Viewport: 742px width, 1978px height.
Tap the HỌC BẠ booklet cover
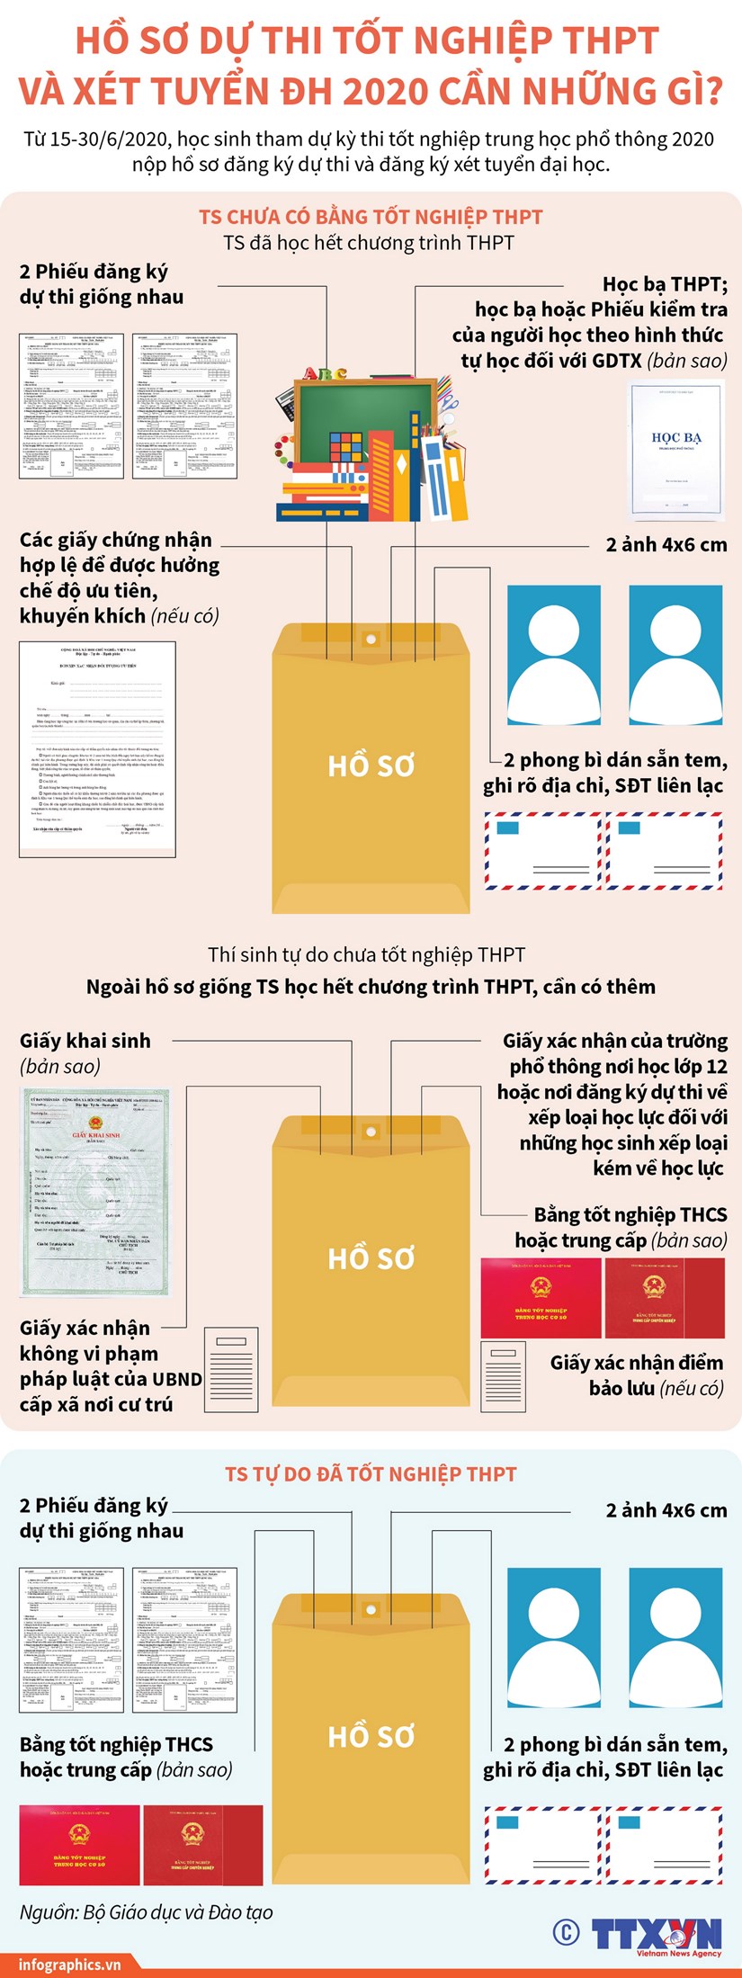coord(676,451)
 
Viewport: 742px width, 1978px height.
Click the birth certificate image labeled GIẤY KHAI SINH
coord(94,1192)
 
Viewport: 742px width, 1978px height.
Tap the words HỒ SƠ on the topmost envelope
coord(371,765)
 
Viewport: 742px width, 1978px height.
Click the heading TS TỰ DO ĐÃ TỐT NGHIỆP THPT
coord(371,1473)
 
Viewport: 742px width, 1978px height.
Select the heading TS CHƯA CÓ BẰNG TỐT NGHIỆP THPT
coord(371,217)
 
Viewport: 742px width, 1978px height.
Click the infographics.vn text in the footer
coord(69,1964)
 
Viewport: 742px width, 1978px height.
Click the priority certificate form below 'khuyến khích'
coord(97,748)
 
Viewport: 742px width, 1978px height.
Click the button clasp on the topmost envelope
coord(371,639)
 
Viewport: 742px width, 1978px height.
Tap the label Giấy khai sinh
coord(85,1041)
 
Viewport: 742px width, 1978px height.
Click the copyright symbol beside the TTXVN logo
coord(566,1931)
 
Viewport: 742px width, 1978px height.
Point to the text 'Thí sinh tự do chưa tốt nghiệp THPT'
coord(366,954)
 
